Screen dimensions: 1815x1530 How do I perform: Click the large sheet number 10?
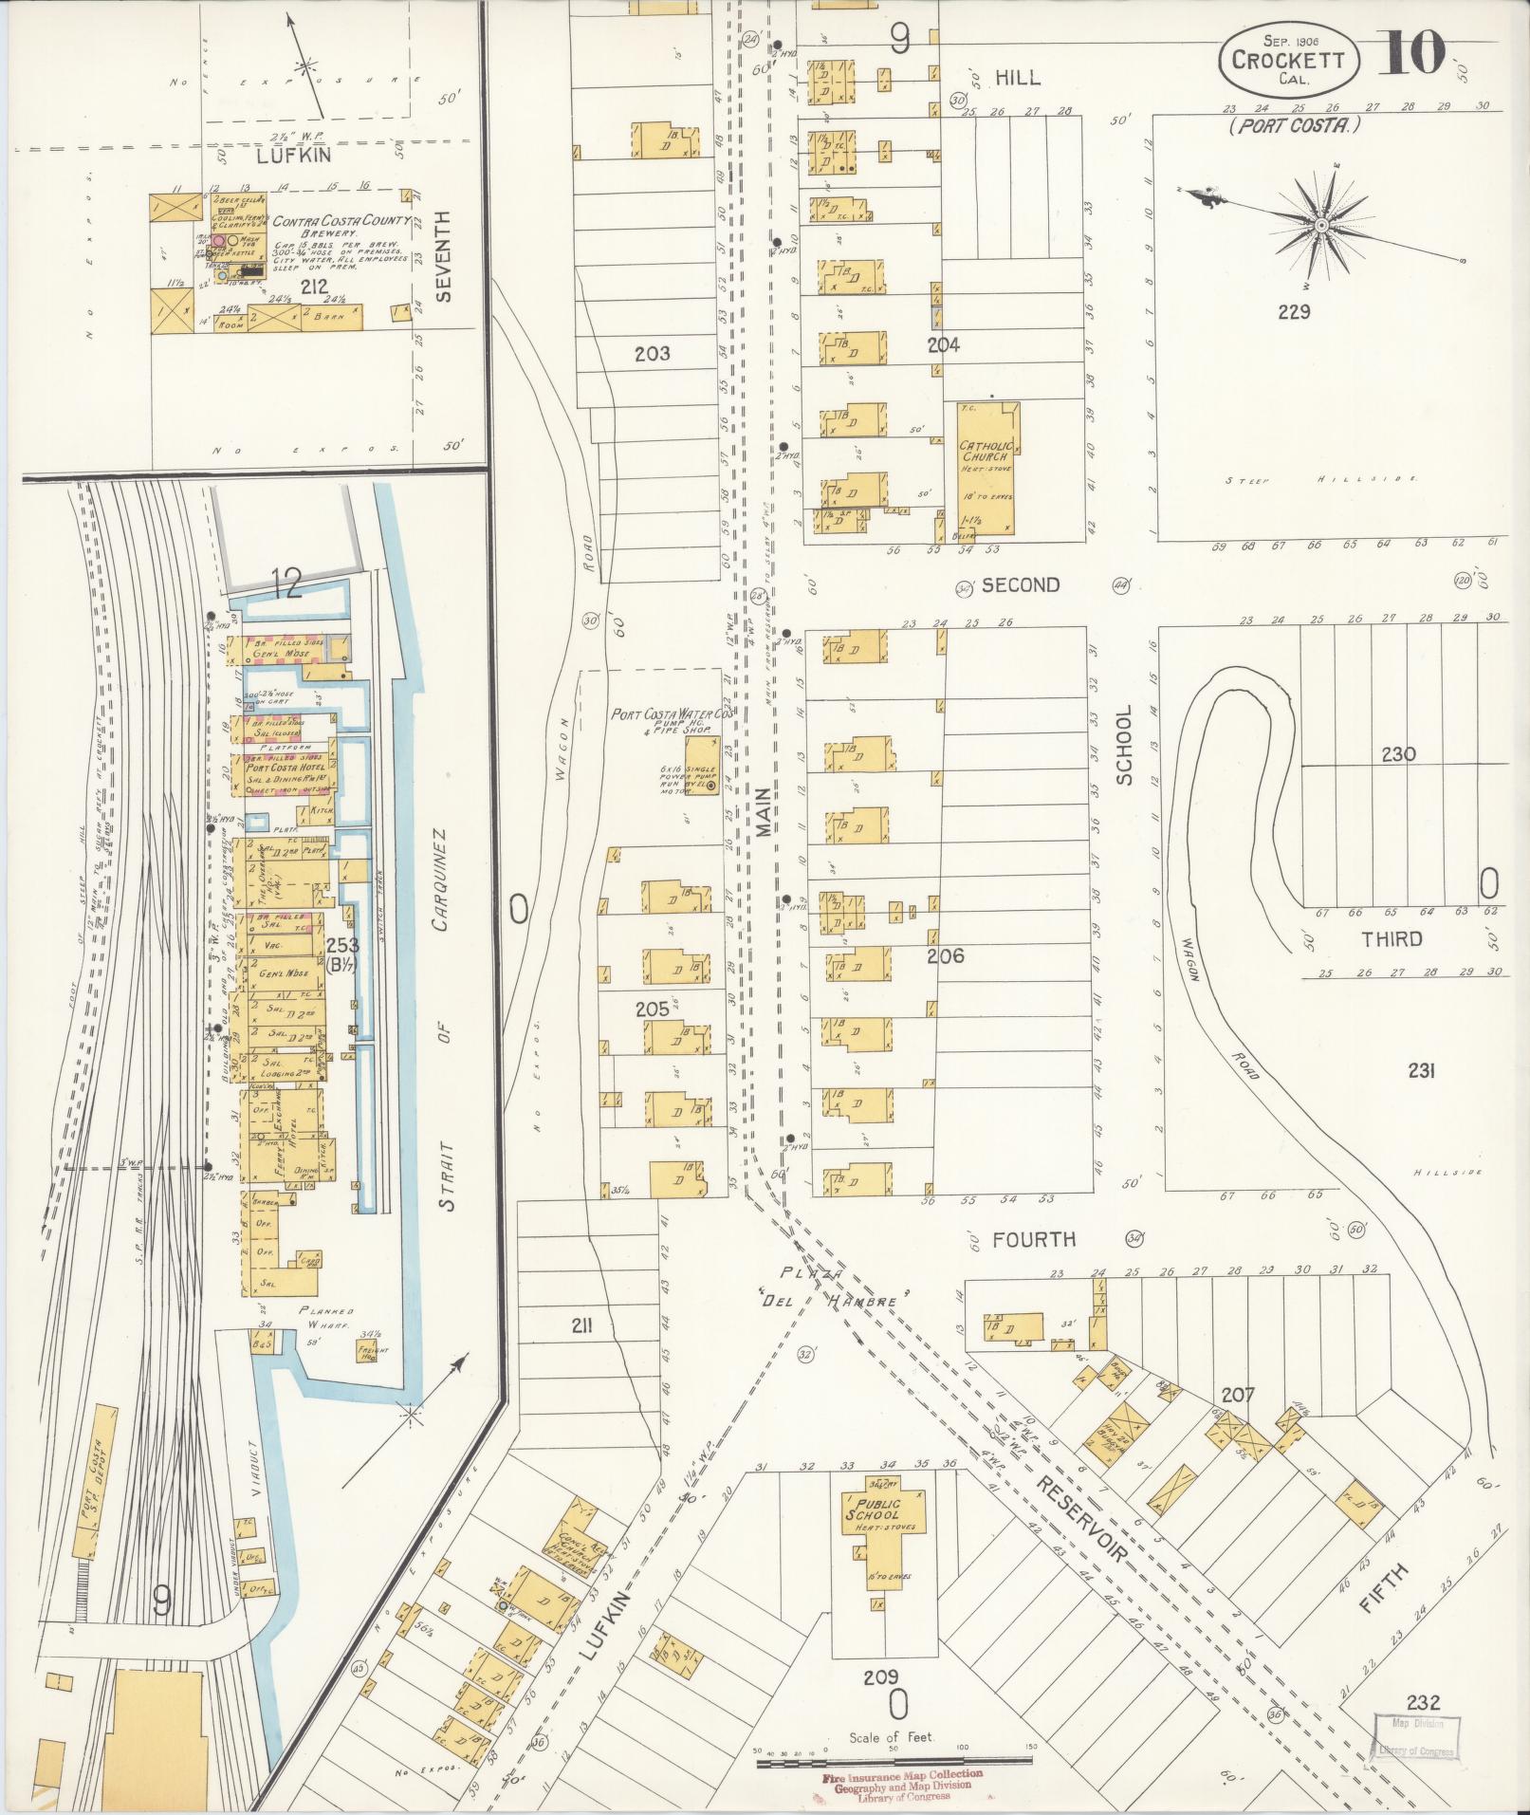click(1411, 52)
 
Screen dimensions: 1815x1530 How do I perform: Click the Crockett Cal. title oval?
click(1289, 59)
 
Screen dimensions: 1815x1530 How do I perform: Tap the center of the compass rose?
click(1320, 225)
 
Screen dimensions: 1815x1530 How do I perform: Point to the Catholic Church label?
click(986, 452)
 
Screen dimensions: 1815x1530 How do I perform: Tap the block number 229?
click(1293, 311)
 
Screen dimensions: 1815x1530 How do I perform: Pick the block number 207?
click(1238, 1395)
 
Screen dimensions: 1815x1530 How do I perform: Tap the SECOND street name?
click(1020, 585)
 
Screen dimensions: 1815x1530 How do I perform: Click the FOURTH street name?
click(1034, 1239)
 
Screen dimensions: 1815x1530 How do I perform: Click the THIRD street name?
click(1392, 939)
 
